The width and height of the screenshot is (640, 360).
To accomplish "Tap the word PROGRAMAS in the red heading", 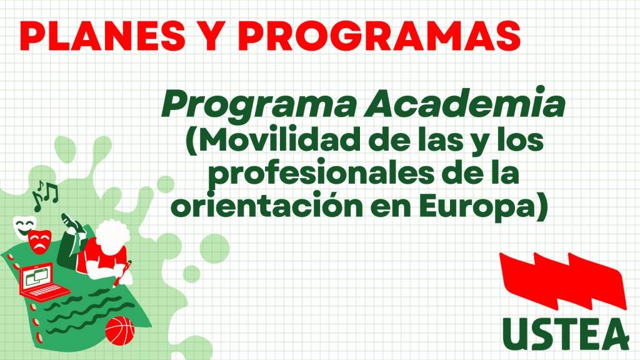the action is [x=379, y=36].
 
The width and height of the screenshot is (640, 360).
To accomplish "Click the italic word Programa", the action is [x=259, y=105].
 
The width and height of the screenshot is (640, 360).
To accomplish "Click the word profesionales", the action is [x=321, y=174].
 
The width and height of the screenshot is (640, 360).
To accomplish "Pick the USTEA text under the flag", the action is [x=566, y=334].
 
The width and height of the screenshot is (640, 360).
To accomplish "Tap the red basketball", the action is [x=119, y=331].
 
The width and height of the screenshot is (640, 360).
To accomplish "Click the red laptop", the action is [x=43, y=281].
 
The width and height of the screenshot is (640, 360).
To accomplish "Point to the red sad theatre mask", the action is [x=40, y=242].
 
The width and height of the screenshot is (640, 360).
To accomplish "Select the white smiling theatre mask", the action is [x=24, y=227].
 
